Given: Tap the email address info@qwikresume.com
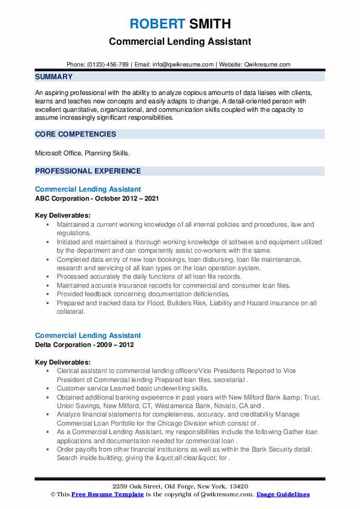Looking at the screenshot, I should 184,64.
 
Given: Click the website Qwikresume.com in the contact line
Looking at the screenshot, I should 268,64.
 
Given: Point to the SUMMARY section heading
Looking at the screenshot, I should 54,77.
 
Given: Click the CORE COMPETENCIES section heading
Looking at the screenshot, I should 75,134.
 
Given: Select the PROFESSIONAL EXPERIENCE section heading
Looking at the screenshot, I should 88,171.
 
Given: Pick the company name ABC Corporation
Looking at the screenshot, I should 65,198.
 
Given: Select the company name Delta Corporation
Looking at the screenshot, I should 66,345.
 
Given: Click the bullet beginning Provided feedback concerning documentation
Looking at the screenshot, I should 143,294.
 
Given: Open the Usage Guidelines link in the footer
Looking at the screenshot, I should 283,494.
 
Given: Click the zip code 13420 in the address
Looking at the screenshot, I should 238,487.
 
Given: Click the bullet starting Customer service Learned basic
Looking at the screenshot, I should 132,388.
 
